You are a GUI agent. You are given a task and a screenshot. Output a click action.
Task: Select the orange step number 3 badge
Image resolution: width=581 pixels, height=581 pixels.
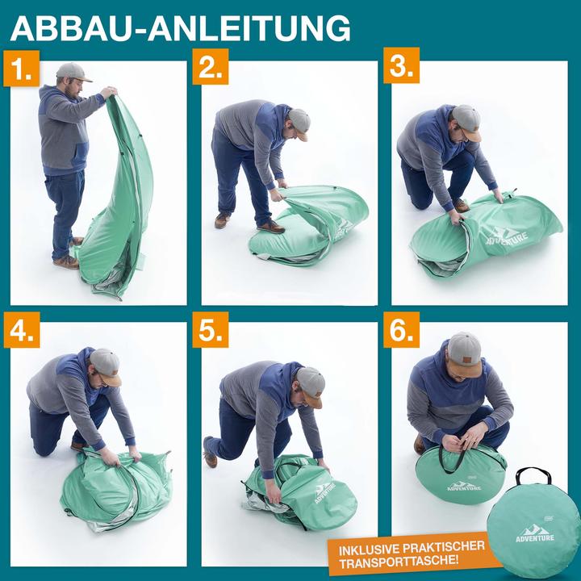coord(401,68)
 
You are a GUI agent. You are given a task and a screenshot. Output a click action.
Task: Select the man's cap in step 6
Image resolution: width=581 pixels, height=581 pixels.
coord(464,348)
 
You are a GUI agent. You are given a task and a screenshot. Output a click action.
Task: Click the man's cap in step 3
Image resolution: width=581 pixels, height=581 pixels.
coord(467,120)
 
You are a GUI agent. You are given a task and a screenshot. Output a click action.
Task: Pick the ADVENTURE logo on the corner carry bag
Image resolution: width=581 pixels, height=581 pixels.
coord(536,533)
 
